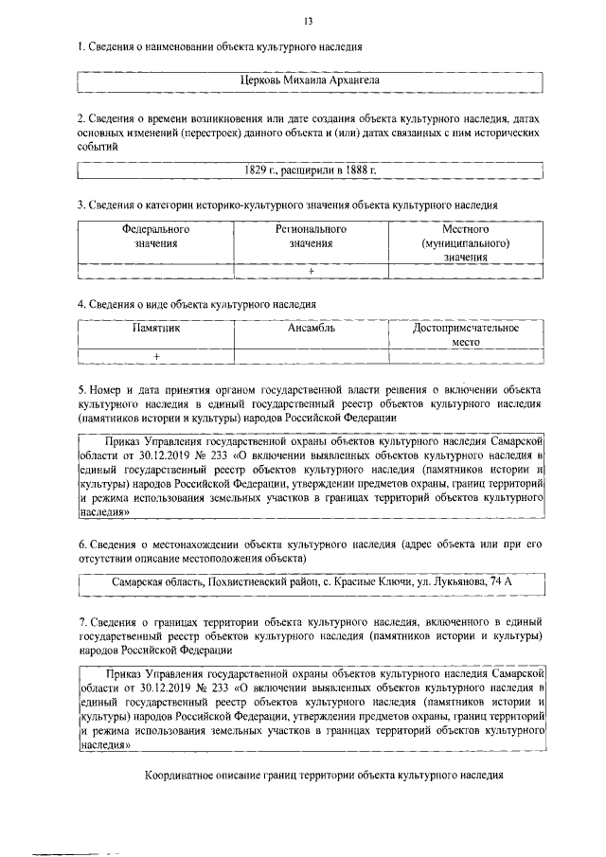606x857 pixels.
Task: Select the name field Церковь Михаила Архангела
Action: pos(310,81)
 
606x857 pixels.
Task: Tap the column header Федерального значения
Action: pos(155,236)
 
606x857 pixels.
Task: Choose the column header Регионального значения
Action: pos(311,236)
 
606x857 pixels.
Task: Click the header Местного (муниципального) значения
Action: pos(465,242)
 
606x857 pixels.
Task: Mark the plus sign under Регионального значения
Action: pos(311,271)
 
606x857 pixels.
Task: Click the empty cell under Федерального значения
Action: pos(155,271)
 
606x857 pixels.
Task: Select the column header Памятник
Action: pos(155,328)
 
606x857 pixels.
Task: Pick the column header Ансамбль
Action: pos(311,328)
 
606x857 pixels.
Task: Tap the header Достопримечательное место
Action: pos(465,334)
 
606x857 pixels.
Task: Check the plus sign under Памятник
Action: pos(155,356)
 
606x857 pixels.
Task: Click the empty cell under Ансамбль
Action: pos(311,356)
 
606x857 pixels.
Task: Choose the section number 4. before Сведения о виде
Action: pos(81,304)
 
